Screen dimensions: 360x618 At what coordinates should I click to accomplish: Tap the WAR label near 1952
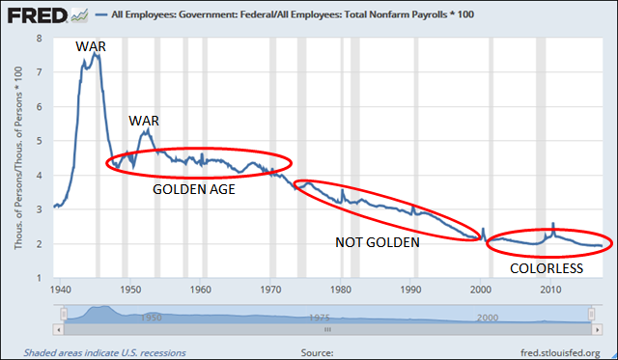coord(144,122)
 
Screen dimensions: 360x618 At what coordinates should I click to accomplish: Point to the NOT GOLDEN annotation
coord(377,242)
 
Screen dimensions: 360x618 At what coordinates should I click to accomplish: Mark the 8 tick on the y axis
coord(40,38)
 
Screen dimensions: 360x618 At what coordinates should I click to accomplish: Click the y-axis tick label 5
coord(40,141)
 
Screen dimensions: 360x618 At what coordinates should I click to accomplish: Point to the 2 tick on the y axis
coord(40,244)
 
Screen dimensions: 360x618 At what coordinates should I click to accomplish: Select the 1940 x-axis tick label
coord(61,289)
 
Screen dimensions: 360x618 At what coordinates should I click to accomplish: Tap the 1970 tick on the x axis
coord(271,289)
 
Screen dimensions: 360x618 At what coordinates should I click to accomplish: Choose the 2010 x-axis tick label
coord(551,289)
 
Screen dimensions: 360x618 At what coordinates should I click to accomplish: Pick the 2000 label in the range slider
coord(487,317)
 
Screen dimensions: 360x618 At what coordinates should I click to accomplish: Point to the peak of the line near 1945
coord(96,55)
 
